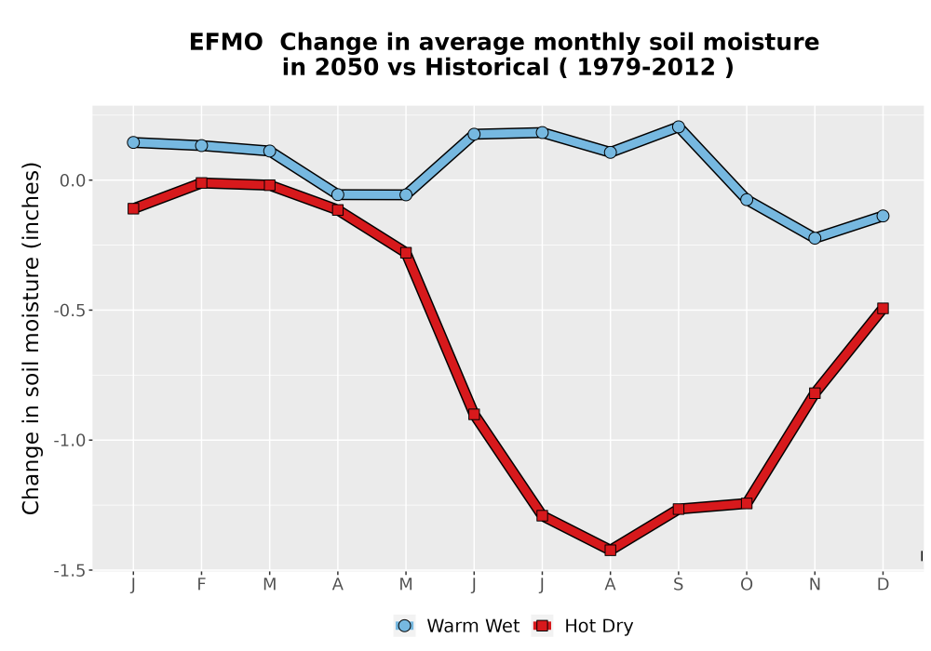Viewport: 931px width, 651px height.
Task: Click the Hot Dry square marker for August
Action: click(x=611, y=551)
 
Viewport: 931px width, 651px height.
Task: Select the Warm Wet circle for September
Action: click(x=679, y=126)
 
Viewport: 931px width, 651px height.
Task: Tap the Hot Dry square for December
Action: click(x=883, y=309)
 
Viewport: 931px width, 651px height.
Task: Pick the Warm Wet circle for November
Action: click(x=815, y=238)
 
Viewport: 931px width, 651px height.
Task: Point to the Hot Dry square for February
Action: click(x=201, y=183)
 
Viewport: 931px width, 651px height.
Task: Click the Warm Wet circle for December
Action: click(x=883, y=216)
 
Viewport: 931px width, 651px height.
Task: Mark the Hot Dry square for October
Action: click(x=747, y=503)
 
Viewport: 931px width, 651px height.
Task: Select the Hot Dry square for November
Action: click(x=815, y=392)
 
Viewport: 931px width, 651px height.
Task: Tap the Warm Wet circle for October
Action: click(x=747, y=200)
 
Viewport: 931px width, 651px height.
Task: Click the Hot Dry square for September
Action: click(x=679, y=509)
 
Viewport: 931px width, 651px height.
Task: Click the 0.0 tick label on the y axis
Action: click(x=73, y=180)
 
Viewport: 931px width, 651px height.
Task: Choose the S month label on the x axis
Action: click(x=679, y=585)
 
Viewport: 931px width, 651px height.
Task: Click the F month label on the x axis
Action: click(x=201, y=585)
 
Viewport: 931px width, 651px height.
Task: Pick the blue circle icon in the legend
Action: click(x=404, y=626)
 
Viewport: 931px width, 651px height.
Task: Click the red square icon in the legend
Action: click(x=542, y=626)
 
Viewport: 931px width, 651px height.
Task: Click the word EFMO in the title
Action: click(x=225, y=43)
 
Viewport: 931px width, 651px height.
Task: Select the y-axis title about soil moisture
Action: click(x=31, y=338)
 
